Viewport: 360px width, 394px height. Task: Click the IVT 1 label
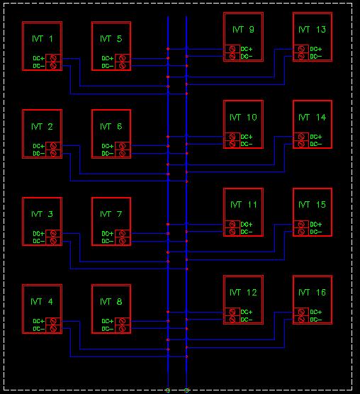point(43,39)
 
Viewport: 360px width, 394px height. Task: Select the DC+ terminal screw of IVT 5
point(122,58)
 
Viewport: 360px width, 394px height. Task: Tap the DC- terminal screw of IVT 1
point(53,66)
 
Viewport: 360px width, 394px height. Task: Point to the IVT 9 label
point(243,29)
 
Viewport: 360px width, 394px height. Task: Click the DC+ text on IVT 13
point(316,49)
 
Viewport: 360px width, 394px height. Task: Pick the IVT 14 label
point(312,118)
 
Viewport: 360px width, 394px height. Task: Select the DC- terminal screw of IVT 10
point(232,144)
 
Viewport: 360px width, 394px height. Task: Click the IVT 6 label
point(111,126)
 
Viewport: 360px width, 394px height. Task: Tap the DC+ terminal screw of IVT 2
point(53,146)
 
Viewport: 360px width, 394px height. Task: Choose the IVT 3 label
point(42,214)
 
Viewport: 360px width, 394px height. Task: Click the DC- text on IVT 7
point(108,241)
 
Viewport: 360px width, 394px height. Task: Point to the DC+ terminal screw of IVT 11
point(232,224)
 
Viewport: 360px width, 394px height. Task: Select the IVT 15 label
point(312,205)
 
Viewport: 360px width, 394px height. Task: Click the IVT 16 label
point(312,293)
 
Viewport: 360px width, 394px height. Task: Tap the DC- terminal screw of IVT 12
point(232,320)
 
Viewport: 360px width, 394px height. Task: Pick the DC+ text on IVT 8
point(108,321)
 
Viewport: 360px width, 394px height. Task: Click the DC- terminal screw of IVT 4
point(53,329)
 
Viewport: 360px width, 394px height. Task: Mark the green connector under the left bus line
point(168,390)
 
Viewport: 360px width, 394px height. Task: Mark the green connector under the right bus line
point(186,390)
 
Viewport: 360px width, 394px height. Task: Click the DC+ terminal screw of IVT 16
point(301,312)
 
